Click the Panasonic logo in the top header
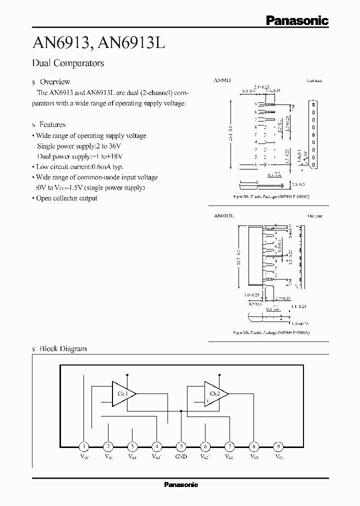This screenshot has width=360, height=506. [x=297, y=21]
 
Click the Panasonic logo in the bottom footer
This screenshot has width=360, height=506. [x=181, y=484]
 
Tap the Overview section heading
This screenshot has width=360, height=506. [x=54, y=81]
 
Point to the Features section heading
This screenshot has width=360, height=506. [x=52, y=124]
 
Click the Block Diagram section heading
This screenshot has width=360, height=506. [x=63, y=349]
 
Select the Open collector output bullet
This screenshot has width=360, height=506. [x=66, y=198]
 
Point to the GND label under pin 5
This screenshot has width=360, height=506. [x=181, y=456]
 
